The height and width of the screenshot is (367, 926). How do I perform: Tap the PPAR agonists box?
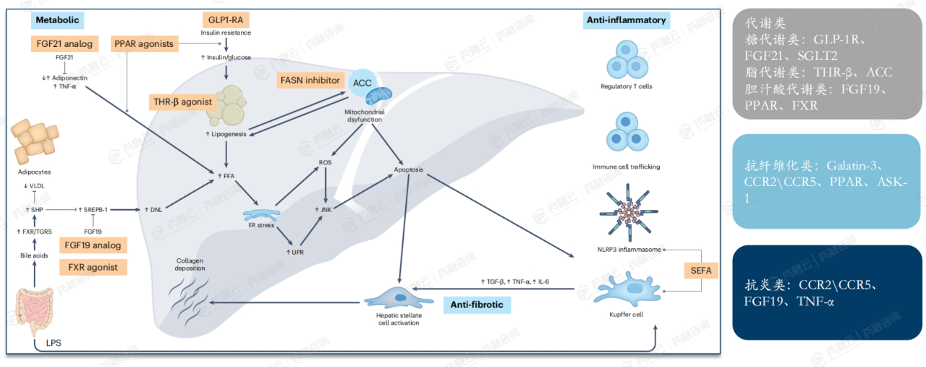pyautogui.click(x=144, y=43)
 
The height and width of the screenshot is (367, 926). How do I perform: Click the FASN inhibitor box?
pyautogui.click(x=310, y=80)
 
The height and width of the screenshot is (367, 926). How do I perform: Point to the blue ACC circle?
pyautogui.click(x=362, y=83)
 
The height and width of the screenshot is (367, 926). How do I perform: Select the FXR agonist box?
pyautogui.click(x=93, y=267)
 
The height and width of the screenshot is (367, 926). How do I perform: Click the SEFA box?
pyautogui.click(x=701, y=271)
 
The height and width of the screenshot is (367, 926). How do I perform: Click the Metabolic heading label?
pyautogui.click(x=56, y=20)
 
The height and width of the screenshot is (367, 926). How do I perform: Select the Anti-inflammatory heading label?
pyautogui.click(x=624, y=20)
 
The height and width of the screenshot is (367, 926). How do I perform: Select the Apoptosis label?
pyautogui.click(x=409, y=170)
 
